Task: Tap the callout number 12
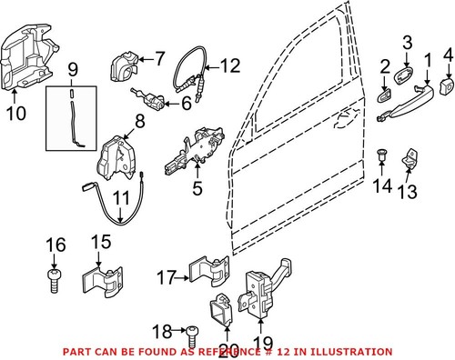point(229,65)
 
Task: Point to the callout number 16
point(56,245)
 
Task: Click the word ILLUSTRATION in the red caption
point(353,351)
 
